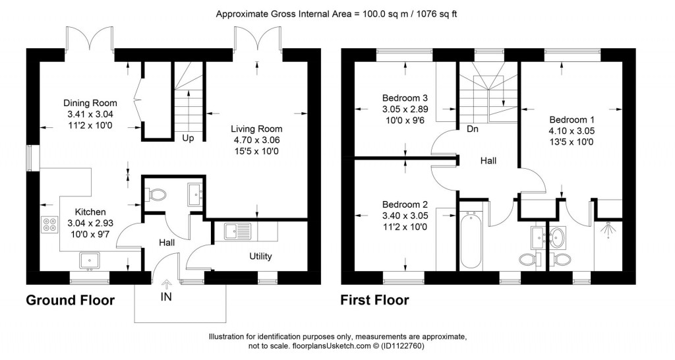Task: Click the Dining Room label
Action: point(90,103)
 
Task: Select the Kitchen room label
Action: point(90,212)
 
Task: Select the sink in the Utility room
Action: point(235,231)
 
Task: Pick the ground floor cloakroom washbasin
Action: point(194,193)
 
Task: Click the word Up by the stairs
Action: point(188,138)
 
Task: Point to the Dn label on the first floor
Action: point(472,129)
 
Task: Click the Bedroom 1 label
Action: point(572,120)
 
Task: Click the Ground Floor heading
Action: point(70,301)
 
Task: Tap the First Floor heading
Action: point(374,301)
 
